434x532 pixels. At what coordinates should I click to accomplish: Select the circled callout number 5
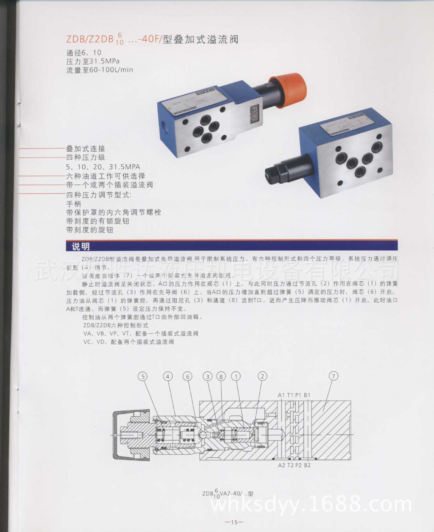143,376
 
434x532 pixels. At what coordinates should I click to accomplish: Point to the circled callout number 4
167,376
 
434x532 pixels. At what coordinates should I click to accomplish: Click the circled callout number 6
188,376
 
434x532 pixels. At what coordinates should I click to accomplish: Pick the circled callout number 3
208,376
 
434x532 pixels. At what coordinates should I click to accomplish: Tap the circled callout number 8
221,376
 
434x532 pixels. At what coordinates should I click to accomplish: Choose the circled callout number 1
236,376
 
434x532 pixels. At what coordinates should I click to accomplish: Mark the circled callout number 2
262,376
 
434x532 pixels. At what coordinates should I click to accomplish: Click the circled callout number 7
333,376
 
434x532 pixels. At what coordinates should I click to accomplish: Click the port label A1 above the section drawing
281,395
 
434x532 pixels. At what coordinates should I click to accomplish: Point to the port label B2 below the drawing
307,465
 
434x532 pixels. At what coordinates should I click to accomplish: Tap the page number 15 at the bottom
234,522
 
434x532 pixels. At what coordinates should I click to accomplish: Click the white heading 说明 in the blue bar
81,246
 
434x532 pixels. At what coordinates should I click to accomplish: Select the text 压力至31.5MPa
93,61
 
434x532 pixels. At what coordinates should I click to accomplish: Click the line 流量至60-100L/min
99,70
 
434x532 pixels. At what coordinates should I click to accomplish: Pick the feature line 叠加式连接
86,149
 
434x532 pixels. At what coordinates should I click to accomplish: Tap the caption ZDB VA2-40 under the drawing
228,493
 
